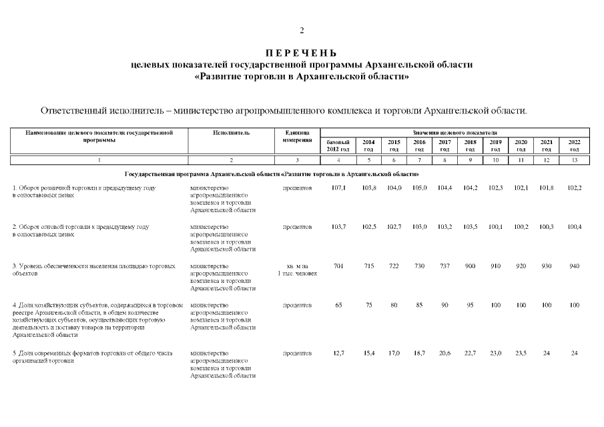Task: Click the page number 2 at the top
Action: click(302, 31)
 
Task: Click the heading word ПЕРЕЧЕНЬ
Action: click(302, 53)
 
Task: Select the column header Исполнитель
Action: click(232, 133)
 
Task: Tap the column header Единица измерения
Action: click(297, 137)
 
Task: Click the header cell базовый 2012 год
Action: click(338, 145)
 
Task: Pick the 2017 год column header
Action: click(444, 145)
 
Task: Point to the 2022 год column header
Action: click(574, 145)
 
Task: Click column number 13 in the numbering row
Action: click(574, 160)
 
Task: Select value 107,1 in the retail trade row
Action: click(338, 189)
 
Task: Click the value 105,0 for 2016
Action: click(419, 189)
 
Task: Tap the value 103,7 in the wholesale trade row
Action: click(338, 228)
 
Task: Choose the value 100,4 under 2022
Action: click(574, 228)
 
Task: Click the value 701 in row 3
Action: click(338, 266)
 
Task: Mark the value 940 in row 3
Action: click(574, 266)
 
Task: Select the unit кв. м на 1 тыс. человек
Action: click(297, 270)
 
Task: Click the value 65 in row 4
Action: click(338, 305)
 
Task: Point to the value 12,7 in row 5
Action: click(338, 353)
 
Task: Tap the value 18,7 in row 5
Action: click(419, 353)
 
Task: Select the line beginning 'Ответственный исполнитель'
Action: click(284, 110)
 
